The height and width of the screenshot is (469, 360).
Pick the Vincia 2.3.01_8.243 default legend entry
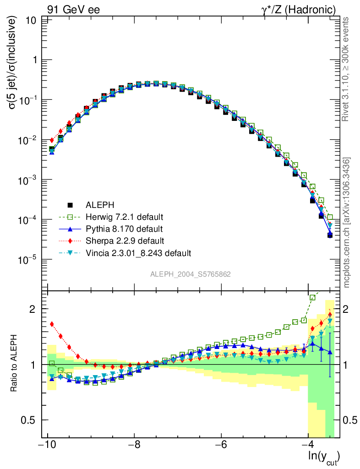(x=138, y=253)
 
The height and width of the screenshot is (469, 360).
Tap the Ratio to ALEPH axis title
(x=15, y=365)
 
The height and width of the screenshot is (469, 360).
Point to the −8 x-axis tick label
(x=134, y=445)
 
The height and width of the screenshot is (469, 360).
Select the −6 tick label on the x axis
(x=221, y=445)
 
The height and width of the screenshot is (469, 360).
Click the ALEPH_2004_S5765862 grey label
(x=191, y=274)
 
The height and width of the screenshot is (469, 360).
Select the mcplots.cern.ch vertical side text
(x=348, y=223)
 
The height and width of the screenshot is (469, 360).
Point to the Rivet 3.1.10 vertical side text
(x=347, y=69)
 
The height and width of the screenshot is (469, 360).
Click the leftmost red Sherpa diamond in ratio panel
(x=52, y=324)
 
